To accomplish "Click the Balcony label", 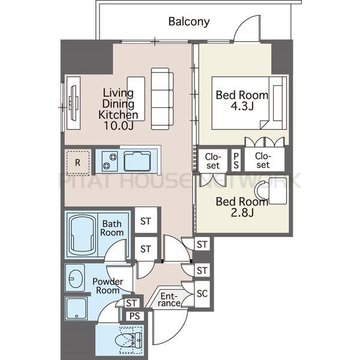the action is point(189,22).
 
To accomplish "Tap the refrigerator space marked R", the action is point(77,163).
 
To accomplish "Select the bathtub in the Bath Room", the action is point(82,235).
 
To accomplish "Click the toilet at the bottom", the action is point(128,340).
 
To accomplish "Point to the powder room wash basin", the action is point(75,278).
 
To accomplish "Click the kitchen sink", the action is point(137,161).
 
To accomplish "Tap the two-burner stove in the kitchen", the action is point(110,161).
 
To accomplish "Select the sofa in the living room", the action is point(162,99).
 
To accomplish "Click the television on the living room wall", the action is point(74,103).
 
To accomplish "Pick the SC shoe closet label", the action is point(202,293).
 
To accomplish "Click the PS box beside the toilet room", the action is point(135,316).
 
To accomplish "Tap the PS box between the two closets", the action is point(236,160).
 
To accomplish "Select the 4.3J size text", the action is point(242,106).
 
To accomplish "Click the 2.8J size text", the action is point(242,213).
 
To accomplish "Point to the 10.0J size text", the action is point(118,125).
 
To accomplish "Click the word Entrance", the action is point(169,299).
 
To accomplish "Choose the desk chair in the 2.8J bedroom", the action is point(262,190).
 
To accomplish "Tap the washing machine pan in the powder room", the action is point(76,308).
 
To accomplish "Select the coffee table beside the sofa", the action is point(136,99).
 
